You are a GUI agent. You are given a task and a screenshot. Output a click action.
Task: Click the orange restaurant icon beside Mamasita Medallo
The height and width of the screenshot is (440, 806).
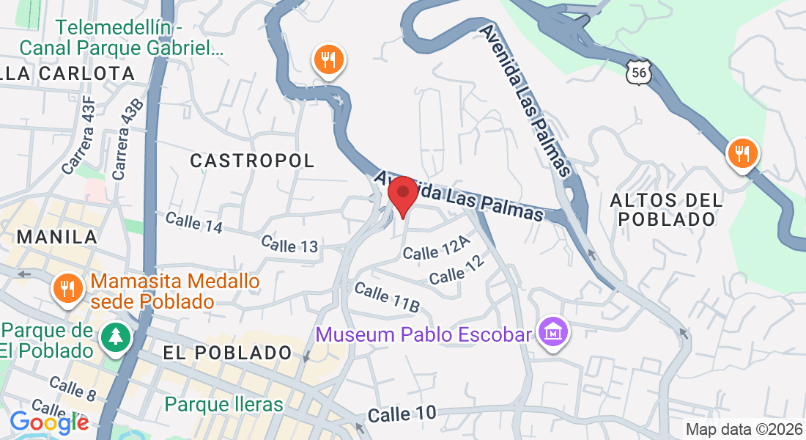tap(67, 287)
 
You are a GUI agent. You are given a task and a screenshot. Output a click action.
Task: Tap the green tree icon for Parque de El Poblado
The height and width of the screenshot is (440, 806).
tap(115, 337)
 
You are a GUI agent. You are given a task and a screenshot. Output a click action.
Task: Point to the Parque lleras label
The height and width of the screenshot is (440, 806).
tap(223, 404)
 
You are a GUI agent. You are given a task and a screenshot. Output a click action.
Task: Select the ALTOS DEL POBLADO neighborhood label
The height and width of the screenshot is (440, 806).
tap(666, 209)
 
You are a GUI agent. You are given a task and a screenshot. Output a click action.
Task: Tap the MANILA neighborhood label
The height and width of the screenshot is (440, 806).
tap(58, 236)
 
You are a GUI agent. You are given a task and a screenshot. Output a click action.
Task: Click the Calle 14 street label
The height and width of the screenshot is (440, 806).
tap(193, 223)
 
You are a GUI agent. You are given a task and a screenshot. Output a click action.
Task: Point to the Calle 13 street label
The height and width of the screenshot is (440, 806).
tap(289, 244)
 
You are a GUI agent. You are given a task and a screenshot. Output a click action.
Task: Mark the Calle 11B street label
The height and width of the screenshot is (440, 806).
tap(386, 296)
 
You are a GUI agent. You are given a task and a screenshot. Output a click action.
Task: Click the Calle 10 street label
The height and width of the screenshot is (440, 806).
tap(402, 414)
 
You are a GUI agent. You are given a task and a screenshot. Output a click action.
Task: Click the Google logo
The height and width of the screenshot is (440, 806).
tap(49, 422)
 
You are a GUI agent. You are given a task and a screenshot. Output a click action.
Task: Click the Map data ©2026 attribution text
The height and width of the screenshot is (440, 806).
tap(743, 430)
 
